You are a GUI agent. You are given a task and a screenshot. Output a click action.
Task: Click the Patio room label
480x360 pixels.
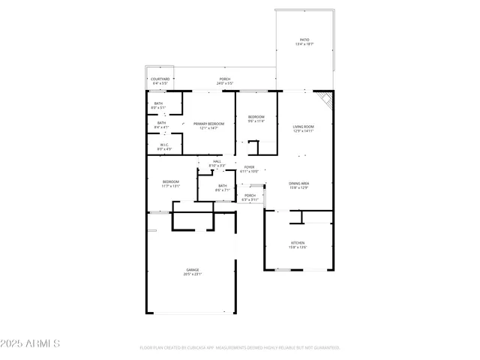304,40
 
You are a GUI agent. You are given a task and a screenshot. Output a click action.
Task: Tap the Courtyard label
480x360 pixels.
160,79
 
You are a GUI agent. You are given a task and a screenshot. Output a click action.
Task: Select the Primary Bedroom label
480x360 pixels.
209,123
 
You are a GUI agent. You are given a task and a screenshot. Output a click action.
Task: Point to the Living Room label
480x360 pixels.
303,127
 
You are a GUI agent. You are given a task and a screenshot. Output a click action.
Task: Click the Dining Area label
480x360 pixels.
299,184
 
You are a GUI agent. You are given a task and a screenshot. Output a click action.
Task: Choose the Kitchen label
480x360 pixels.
298,243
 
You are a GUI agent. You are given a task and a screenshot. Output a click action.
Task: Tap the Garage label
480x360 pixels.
193,269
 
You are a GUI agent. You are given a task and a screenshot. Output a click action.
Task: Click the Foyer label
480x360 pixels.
249,166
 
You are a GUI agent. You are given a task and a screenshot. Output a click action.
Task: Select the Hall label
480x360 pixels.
217,161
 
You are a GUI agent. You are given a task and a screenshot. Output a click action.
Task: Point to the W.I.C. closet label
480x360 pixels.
164,145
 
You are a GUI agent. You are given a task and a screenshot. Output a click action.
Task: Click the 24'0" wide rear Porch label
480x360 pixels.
225,79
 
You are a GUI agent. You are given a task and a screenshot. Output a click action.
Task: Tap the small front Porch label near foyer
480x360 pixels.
250,196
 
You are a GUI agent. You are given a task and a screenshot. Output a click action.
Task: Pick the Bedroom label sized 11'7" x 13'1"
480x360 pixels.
171,181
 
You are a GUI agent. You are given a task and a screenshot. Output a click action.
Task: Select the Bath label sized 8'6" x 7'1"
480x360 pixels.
223,186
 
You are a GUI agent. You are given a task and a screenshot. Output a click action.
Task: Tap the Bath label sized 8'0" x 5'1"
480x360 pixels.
158,103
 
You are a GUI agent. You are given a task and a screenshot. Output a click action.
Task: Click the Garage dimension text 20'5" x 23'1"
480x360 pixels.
193,274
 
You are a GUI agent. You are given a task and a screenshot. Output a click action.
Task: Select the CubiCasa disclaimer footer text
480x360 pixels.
240,348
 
